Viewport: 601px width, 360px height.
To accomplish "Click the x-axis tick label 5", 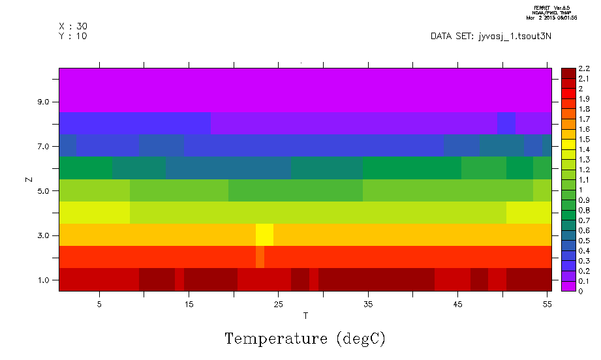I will click(99, 304).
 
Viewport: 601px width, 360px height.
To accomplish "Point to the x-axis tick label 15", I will click(189, 304).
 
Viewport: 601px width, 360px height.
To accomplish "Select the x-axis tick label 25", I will click(278, 304).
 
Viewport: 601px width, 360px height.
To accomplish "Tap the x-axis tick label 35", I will click(367, 304).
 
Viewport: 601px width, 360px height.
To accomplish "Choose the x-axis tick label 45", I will click(457, 304).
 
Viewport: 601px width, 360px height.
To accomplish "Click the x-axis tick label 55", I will click(546, 304).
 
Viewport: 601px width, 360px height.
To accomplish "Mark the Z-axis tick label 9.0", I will click(44, 102).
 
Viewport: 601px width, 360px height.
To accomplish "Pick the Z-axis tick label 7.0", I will click(44, 147).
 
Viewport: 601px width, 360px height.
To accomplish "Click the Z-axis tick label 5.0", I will click(44, 191).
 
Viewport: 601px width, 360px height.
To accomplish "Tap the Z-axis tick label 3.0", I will click(44, 235).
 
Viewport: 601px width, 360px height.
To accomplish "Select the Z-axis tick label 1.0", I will click(44, 280).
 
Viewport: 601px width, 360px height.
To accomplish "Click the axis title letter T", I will click(305, 316).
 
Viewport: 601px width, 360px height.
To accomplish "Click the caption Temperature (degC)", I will click(305, 339).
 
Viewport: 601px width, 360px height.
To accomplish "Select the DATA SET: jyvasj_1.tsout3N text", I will click(491, 36).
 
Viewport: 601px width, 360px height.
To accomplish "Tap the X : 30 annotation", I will click(72, 26).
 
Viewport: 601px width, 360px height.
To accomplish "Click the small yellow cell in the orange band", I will click(264, 234).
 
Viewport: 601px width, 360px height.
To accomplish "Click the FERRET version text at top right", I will click(555, 7).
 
